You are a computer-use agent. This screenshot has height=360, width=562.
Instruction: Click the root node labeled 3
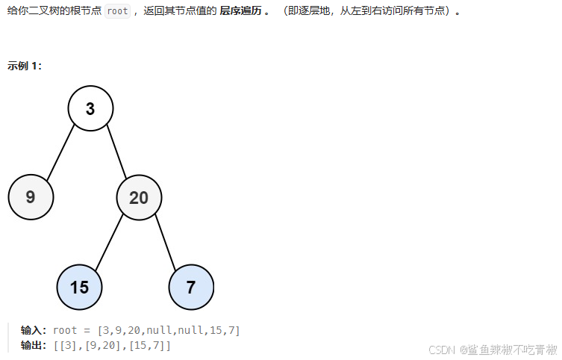(90, 109)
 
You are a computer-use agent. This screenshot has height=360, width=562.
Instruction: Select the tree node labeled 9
(31, 197)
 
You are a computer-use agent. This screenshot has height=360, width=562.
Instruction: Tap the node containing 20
(139, 198)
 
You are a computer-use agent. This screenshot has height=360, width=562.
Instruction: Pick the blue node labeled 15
(79, 288)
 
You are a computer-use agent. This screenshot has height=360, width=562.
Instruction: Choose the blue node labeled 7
(191, 288)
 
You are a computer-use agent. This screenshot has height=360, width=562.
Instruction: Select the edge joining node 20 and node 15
(110, 241)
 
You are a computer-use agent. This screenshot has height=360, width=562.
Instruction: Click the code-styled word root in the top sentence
(117, 12)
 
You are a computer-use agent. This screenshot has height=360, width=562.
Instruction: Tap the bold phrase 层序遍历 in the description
(240, 12)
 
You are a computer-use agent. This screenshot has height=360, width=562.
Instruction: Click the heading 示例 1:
(25, 66)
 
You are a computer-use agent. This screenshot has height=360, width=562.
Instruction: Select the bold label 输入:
(35, 330)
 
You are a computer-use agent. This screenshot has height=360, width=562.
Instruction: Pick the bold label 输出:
(35, 346)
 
